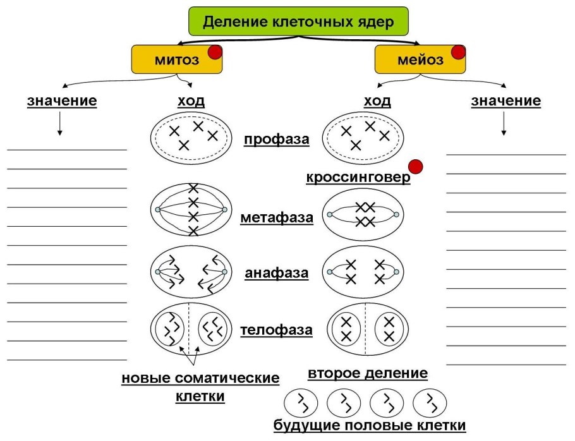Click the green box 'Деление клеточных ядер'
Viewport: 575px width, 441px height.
tap(298, 22)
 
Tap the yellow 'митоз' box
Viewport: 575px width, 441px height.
tap(176, 60)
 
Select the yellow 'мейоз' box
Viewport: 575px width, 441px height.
tap(417, 61)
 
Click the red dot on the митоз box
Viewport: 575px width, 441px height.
tap(215, 52)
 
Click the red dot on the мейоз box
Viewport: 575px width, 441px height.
tap(457, 52)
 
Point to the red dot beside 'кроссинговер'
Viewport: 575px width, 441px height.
tap(415, 167)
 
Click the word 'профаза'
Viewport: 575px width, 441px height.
tap(277, 139)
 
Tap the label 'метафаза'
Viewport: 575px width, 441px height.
tap(277, 219)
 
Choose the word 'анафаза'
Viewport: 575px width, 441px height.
tap(277, 274)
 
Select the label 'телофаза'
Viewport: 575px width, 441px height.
tap(277, 330)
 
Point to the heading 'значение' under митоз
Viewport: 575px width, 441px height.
tap(62, 101)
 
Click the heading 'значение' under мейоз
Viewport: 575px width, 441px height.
tap(505, 101)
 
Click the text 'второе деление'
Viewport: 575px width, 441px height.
tap(368, 373)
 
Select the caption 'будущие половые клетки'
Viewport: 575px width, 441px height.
tap(370, 426)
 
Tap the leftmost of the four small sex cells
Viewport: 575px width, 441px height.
tap(301, 402)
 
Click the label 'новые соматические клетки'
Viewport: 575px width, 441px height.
tap(200, 387)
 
